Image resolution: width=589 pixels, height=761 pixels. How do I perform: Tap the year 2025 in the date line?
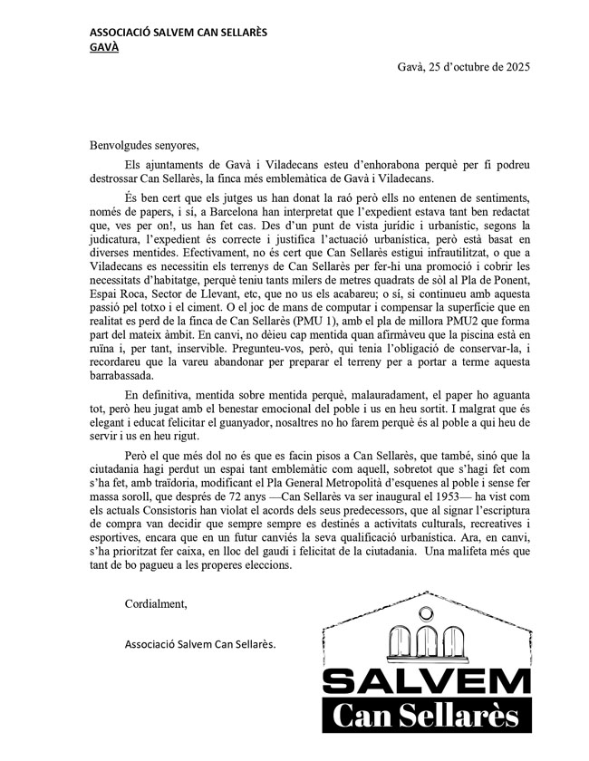pos(516,67)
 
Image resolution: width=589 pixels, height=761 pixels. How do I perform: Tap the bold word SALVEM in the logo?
pos(427,682)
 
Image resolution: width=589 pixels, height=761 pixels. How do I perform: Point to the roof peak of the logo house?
pos(426,595)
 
